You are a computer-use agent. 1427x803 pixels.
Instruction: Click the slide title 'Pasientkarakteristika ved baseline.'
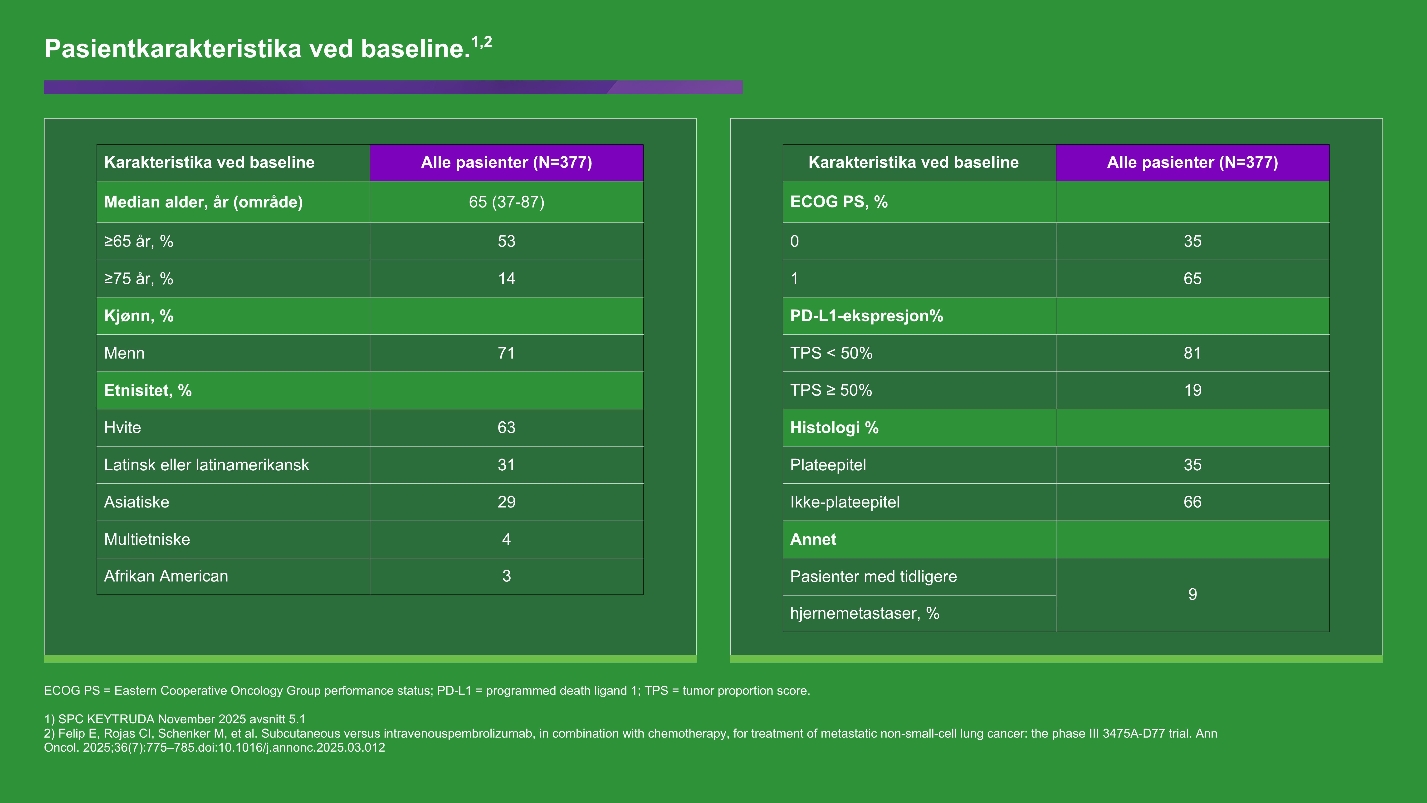(258, 49)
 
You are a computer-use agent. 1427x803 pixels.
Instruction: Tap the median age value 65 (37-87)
(506, 202)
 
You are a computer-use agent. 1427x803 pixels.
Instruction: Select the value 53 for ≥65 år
(506, 242)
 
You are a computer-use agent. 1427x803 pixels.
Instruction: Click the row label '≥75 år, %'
(138, 279)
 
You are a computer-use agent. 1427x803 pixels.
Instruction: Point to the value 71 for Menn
(506, 353)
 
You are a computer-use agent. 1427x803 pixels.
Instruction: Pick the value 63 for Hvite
(506, 428)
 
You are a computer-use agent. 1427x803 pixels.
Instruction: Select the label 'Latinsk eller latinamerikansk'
(206, 465)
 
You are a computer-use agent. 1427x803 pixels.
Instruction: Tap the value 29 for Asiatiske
(506, 502)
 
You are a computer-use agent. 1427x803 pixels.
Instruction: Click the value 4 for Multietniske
(506, 539)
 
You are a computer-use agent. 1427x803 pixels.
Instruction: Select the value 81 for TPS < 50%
(1192, 353)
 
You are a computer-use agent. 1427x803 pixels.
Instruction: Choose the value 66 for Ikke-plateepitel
(1192, 502)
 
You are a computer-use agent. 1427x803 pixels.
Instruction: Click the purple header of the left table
(506, 162)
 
